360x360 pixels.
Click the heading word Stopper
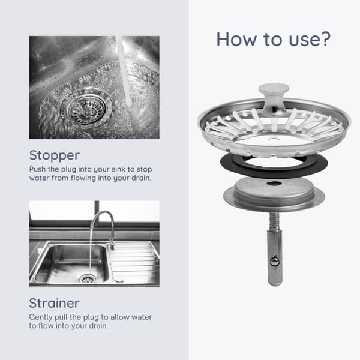[54, 156]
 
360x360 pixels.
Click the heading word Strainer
[54, 303]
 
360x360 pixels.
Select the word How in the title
[236, 39]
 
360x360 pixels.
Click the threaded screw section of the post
[274, 221]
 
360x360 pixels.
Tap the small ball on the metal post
[274, 262]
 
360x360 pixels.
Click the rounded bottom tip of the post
[275, 282]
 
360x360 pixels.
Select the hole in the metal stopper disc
[274, 184]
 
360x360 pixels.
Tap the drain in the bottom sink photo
[87, 279]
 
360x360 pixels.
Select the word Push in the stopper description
[37, 169]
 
